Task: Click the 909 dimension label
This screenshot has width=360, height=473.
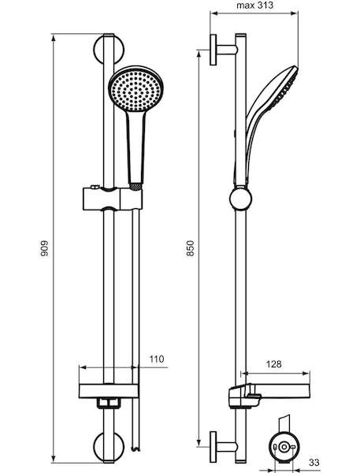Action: click(x=44, y=248)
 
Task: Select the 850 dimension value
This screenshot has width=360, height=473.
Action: click(x=191, y=248)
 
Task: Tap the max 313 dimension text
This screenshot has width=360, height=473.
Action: click(x=254, y=6)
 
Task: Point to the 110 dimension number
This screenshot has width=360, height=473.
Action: click(x=157, y=359)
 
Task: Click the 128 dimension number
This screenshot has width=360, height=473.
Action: click(x=274, y=364)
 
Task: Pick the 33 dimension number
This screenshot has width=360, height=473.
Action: click(x=314, y=462)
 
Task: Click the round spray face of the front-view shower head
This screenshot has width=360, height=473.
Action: click(x=135, y=88)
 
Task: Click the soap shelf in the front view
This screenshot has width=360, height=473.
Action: click(x=109, y=391)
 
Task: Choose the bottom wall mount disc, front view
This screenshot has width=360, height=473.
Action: click(x=109, y=446)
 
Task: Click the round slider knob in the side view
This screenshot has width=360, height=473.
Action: click(x=240, y=199)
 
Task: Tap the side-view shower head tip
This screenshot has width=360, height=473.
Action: click(x=296, y=70)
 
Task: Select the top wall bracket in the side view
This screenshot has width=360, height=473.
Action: click(x=224, y=50)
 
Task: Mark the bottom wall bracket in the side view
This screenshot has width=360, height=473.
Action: click(x=224, y=447)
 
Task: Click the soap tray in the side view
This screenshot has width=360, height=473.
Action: click(x=269, y=395)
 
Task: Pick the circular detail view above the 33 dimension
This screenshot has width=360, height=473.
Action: click(x=284, y=447)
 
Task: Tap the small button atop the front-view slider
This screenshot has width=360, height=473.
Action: click(x=95, y=188)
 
